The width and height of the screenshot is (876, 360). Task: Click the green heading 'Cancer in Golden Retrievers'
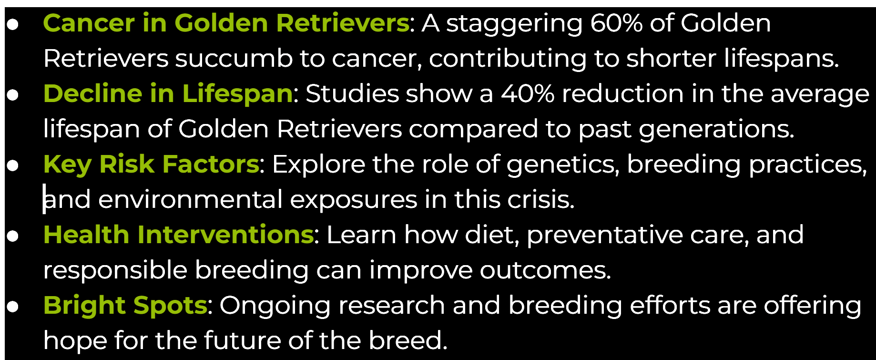[x=226, y=23]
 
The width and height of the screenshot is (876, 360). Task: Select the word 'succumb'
[x=234, y=59]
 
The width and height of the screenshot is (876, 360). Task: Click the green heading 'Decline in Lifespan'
[x=168, y=94]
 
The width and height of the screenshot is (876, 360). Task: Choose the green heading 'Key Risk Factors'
[x=151, y=165]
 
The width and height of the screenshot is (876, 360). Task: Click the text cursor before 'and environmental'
[x=44, y=199]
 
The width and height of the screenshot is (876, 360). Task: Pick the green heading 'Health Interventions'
[x=178, y=235]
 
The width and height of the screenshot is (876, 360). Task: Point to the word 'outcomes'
[x=545, y=270]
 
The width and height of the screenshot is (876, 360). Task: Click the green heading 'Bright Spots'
[x=125, y=306]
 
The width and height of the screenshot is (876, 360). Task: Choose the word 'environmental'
[x=191, y=199]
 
